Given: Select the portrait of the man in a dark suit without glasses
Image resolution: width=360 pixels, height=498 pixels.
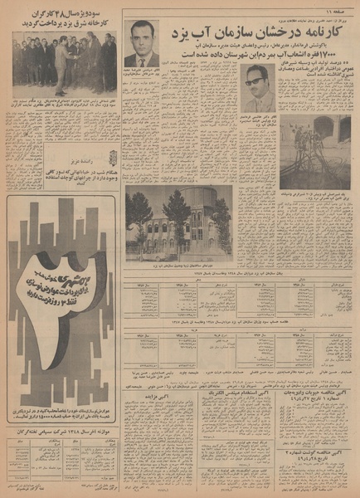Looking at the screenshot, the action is [x=141, y=44].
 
